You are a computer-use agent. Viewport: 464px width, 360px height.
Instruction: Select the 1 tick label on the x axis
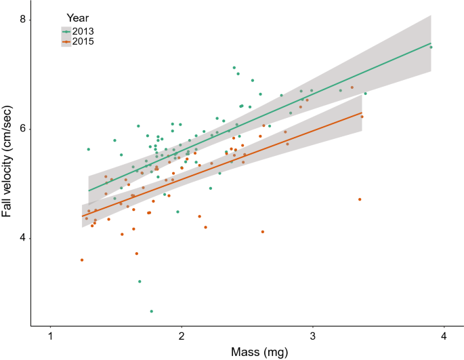click(51, 337)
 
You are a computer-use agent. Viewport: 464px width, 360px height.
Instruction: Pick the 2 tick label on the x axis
click(182, 337)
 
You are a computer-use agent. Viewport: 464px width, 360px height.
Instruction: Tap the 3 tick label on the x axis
click(312, 337)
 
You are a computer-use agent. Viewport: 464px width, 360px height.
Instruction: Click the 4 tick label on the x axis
click(443, 337)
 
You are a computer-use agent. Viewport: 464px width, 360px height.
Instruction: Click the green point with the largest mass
click(431, 47)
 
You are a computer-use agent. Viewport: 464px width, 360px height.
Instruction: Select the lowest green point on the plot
click(151, 311)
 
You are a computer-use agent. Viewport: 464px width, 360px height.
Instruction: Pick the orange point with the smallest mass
click(82, 260)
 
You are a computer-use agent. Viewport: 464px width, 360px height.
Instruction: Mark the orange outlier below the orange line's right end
click(360, 199)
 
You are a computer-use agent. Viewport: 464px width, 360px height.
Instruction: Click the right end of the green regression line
click(431, 43)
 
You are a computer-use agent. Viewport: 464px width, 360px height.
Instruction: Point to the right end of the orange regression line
click(362, 113)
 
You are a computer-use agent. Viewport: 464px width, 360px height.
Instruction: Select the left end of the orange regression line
click(83, 216)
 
